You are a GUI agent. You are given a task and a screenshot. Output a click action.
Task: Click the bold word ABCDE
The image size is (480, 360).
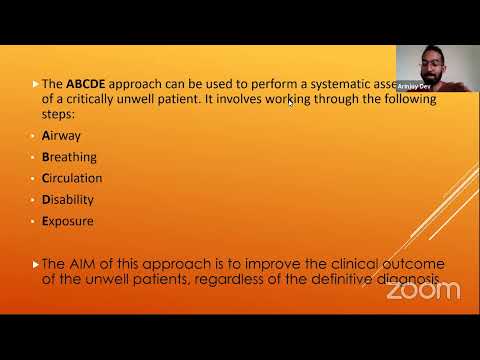88,85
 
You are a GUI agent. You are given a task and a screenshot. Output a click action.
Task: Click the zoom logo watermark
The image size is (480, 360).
423,291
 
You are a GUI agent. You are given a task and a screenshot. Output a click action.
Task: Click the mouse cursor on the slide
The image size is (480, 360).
290,102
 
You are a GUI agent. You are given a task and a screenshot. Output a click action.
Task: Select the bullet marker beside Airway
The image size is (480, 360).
35,136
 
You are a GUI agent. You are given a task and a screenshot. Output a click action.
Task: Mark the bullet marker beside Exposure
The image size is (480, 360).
35,222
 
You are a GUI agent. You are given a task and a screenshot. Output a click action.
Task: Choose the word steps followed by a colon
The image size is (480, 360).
58,115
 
